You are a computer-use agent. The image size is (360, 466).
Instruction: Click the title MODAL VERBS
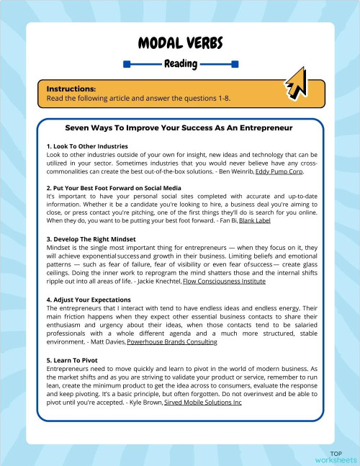180,41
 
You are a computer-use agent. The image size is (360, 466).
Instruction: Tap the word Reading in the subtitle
180,64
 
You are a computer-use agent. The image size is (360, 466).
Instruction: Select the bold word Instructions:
71,89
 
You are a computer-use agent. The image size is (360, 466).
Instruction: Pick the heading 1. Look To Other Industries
87,146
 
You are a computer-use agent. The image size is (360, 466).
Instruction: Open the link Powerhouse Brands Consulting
172,341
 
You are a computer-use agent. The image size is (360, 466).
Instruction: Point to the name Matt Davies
108,341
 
